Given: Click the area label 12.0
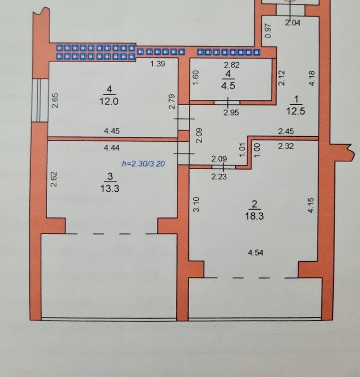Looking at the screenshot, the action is pos(109,101).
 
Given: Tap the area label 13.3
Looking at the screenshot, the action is pos(110,188).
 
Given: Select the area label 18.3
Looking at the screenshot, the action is pos(254,216).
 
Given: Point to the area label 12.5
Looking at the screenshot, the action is pos(295,111).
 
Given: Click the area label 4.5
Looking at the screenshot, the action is pos(228,86).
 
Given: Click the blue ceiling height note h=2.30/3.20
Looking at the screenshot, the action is pos(143,164).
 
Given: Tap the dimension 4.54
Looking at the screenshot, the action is pos(255,253).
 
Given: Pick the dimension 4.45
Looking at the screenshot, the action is pos(112,131).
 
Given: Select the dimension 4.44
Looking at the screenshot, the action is pos(112,148).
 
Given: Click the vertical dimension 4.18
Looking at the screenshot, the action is pos(312,78).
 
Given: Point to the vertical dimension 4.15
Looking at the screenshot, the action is pos(311,205).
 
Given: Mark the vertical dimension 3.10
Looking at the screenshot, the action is pos(196,204).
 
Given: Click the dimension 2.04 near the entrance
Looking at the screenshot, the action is pos(293,23).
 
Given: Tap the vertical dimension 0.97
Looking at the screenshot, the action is pos(268,30).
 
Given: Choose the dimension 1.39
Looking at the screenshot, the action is pos(157,64).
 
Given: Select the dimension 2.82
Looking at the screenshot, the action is pos(231,65).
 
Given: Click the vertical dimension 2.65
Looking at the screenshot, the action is pos(55,100).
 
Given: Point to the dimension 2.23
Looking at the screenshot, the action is pos(219,177).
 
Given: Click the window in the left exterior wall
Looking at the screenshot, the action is pos(40,100).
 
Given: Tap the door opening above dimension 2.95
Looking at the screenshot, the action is pos(227,103).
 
